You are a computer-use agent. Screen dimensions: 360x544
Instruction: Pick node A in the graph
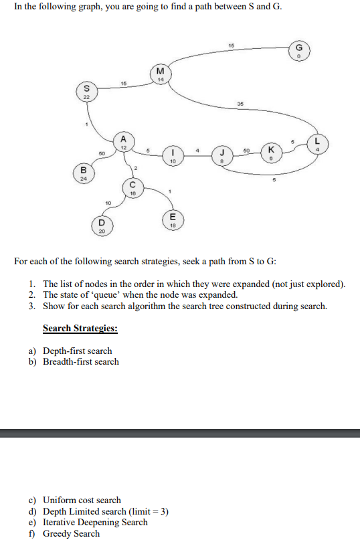[x=123, y=142]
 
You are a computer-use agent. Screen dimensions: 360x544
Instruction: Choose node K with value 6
[x=271, y=151]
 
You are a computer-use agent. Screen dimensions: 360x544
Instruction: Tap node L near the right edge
[x=317, y=144]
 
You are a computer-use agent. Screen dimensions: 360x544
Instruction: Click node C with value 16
[x=132, y=187]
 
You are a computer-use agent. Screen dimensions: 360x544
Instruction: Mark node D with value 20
[x=102, y=225]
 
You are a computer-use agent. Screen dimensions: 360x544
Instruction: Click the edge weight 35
[x=240, y=104]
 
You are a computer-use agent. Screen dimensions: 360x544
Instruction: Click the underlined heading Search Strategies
[x=80, y=329]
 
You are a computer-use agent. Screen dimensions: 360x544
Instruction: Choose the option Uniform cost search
[x=82, y=500]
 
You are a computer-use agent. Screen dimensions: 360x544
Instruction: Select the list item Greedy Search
[x=71, y=533]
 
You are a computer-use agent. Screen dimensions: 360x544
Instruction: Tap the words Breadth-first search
[x=80, y=361]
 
